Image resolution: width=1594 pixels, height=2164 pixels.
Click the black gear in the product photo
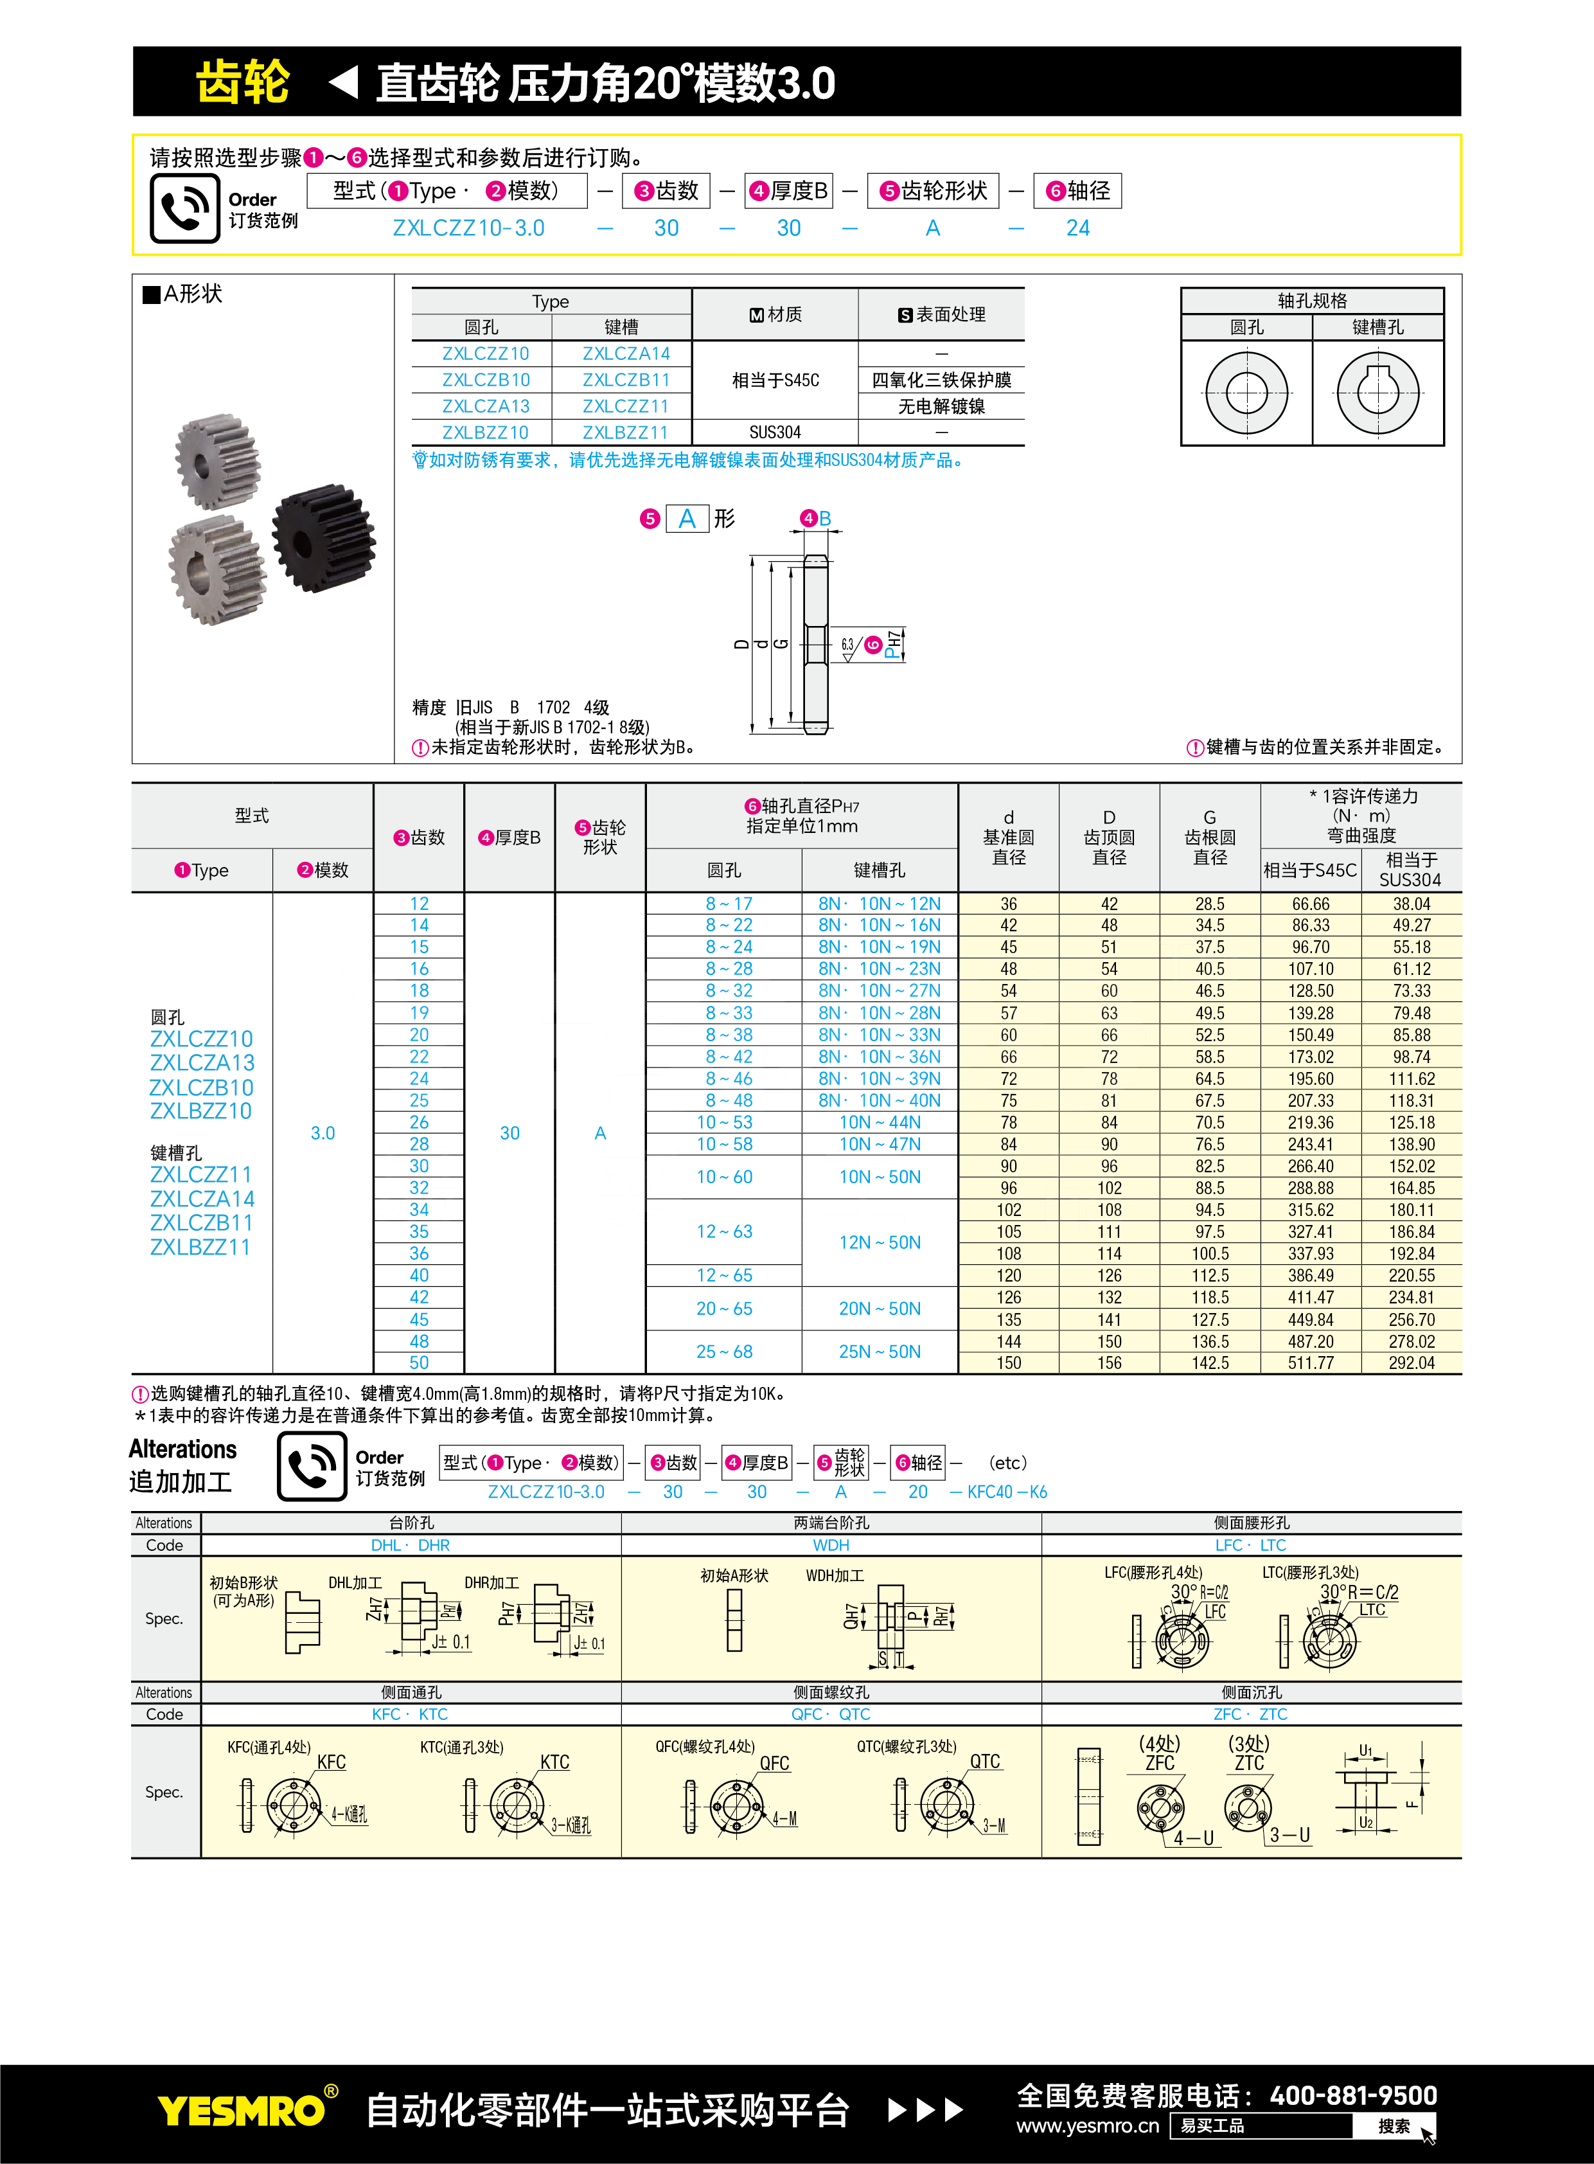click(324, 537)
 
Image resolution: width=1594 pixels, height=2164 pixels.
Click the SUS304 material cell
click(775, 433)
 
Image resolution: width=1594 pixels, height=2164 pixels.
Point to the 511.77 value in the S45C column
click(1309, 1363)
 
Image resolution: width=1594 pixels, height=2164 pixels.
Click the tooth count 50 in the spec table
click(419, 1363)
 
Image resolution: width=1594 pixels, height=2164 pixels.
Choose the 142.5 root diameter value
click(1209, 1363)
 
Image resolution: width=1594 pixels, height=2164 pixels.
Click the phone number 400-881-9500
click(1353, 2095)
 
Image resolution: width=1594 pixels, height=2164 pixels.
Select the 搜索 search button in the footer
click(1394, 2126)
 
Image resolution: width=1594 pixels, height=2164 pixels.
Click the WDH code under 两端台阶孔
click(831, 1545)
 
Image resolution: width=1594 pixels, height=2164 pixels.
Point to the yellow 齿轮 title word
click(242, 82)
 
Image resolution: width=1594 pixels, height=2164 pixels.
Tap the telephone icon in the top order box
click(184, 208)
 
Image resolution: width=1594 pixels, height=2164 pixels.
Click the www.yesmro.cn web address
click(1088, 2125)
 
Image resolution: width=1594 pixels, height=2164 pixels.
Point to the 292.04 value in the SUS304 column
click(1411, 1363)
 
